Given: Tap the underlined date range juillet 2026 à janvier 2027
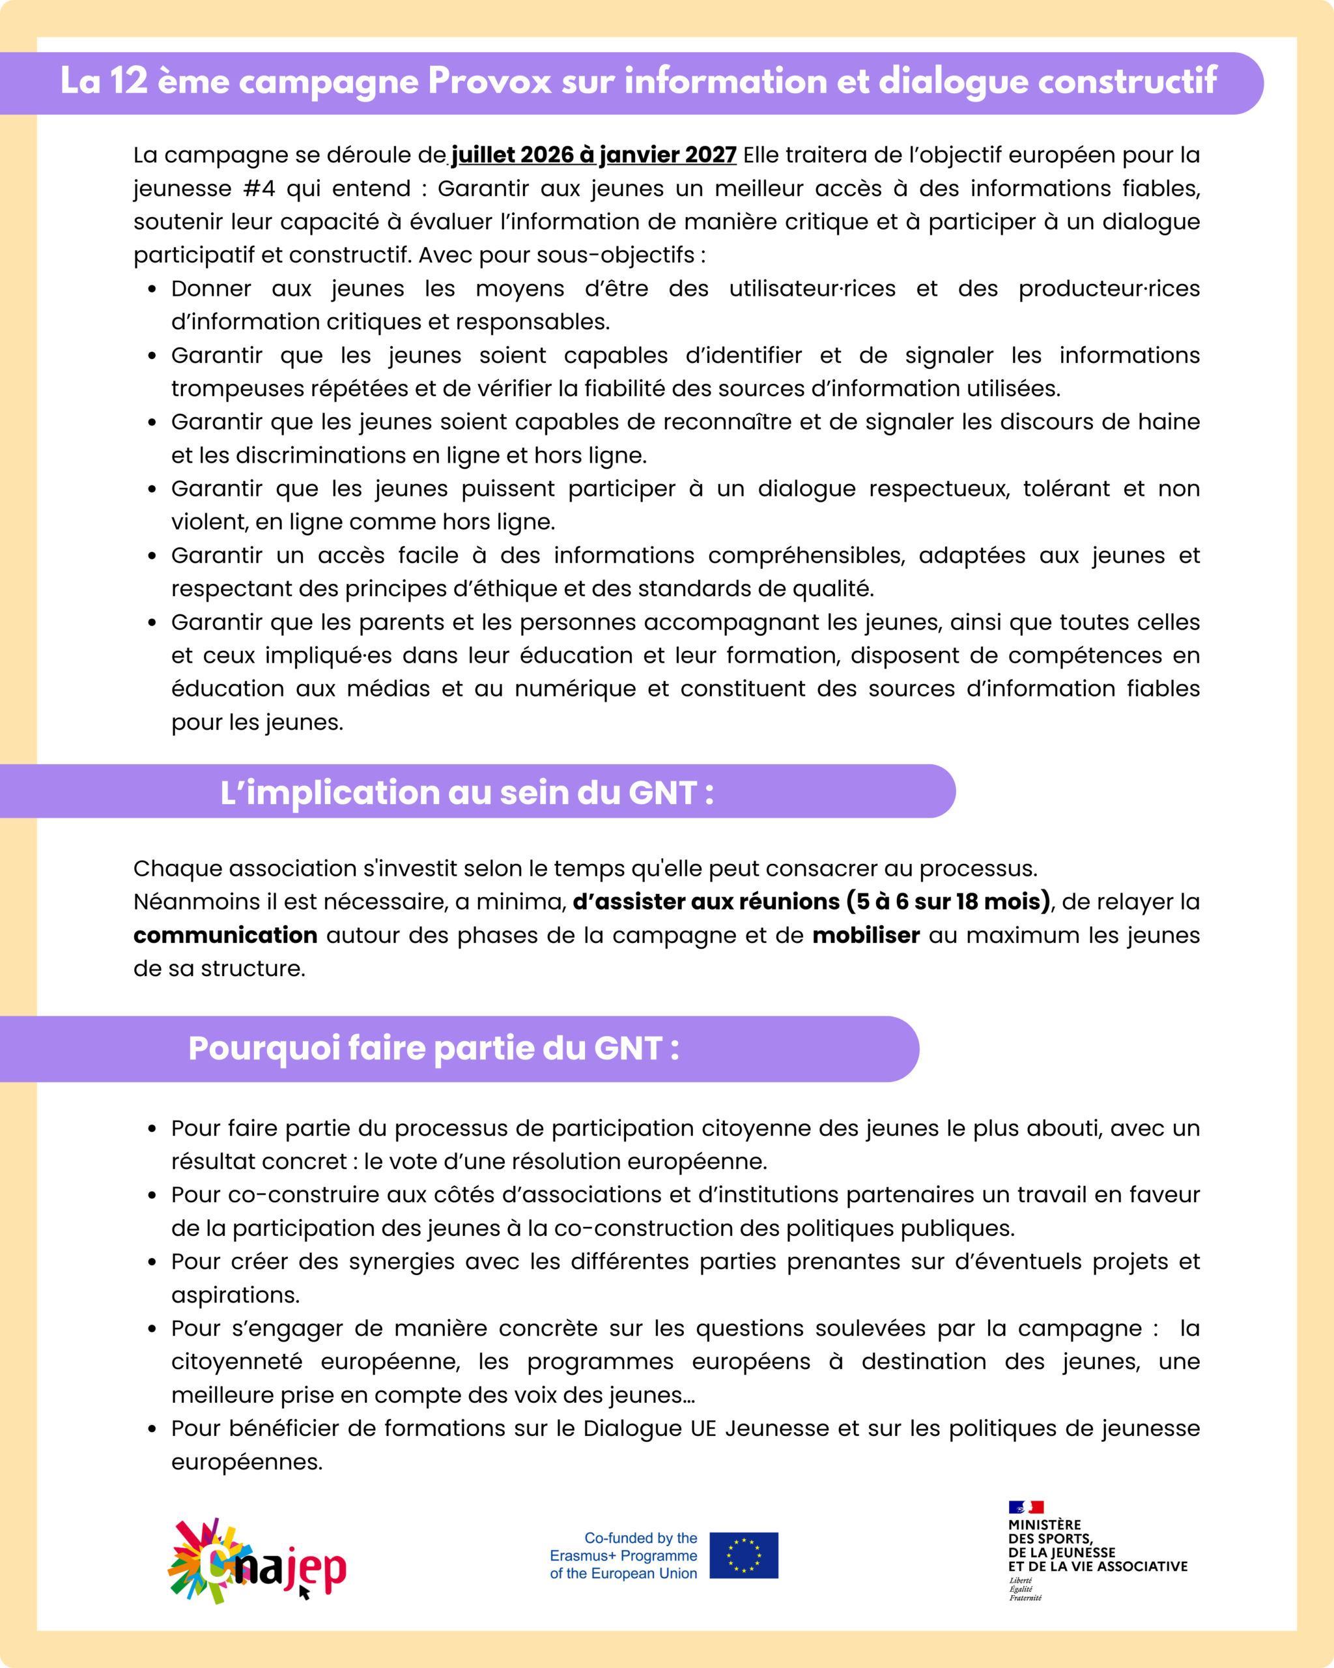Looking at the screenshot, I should (x=593, y=154).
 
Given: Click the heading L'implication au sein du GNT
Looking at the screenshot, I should (x=466, y=793).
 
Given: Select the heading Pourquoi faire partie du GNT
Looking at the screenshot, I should (x=433, y=1048).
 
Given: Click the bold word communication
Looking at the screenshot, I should (x=225, y=936).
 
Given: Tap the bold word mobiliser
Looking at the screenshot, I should (x=866, y=936).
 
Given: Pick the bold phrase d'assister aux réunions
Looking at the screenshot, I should (x=705, y=902).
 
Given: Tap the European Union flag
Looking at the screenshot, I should (x=743, y=1555).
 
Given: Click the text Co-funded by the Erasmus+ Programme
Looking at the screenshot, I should (x=623, y=1547).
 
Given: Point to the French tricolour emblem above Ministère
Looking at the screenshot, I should (x=1025, y=1507).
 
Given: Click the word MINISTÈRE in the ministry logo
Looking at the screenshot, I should (x=1044, y=1525).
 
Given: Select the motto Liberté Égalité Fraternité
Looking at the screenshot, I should (x=1025, y=1589).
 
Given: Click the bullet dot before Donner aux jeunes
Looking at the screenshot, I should (x=152, y=289).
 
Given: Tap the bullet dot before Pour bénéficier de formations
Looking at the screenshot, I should (x=152, y=1429).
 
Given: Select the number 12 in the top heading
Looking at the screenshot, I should (x=128, y=81).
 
